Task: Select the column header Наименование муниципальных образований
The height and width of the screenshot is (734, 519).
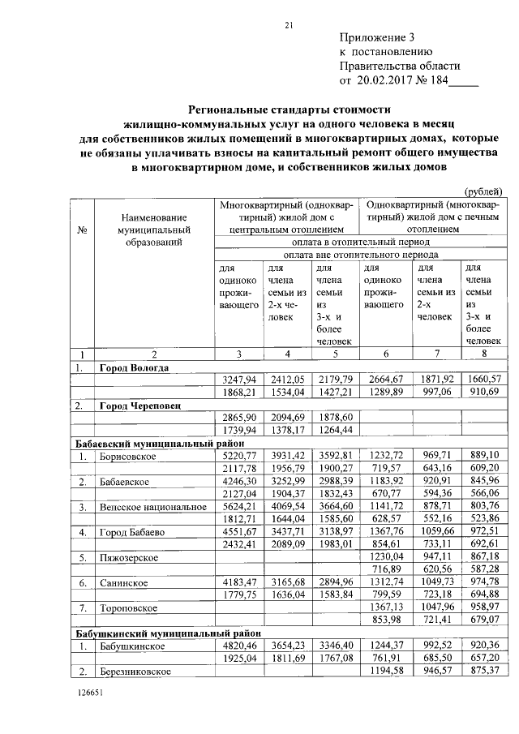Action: (x=153, y=230)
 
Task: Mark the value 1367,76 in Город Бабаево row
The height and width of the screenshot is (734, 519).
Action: (x=386, y=533)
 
